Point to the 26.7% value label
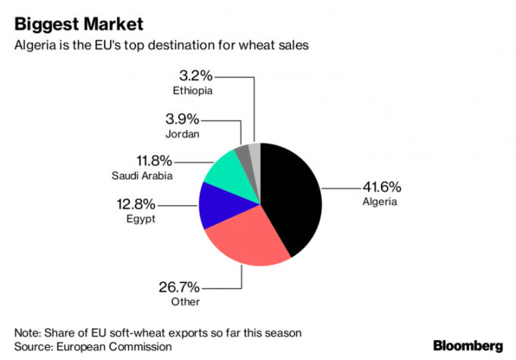tap(178, 287)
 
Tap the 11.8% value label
tap(152, 161)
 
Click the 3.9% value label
tap(182, 118)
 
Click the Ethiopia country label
tap(192, 91)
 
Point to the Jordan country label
tap(182, 134)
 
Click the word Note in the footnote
tap(27, 333)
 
